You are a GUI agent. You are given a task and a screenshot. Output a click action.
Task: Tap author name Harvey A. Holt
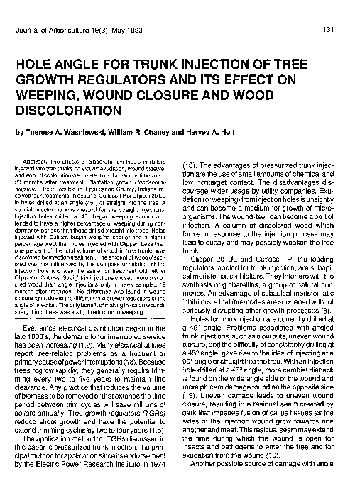[242, 132]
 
